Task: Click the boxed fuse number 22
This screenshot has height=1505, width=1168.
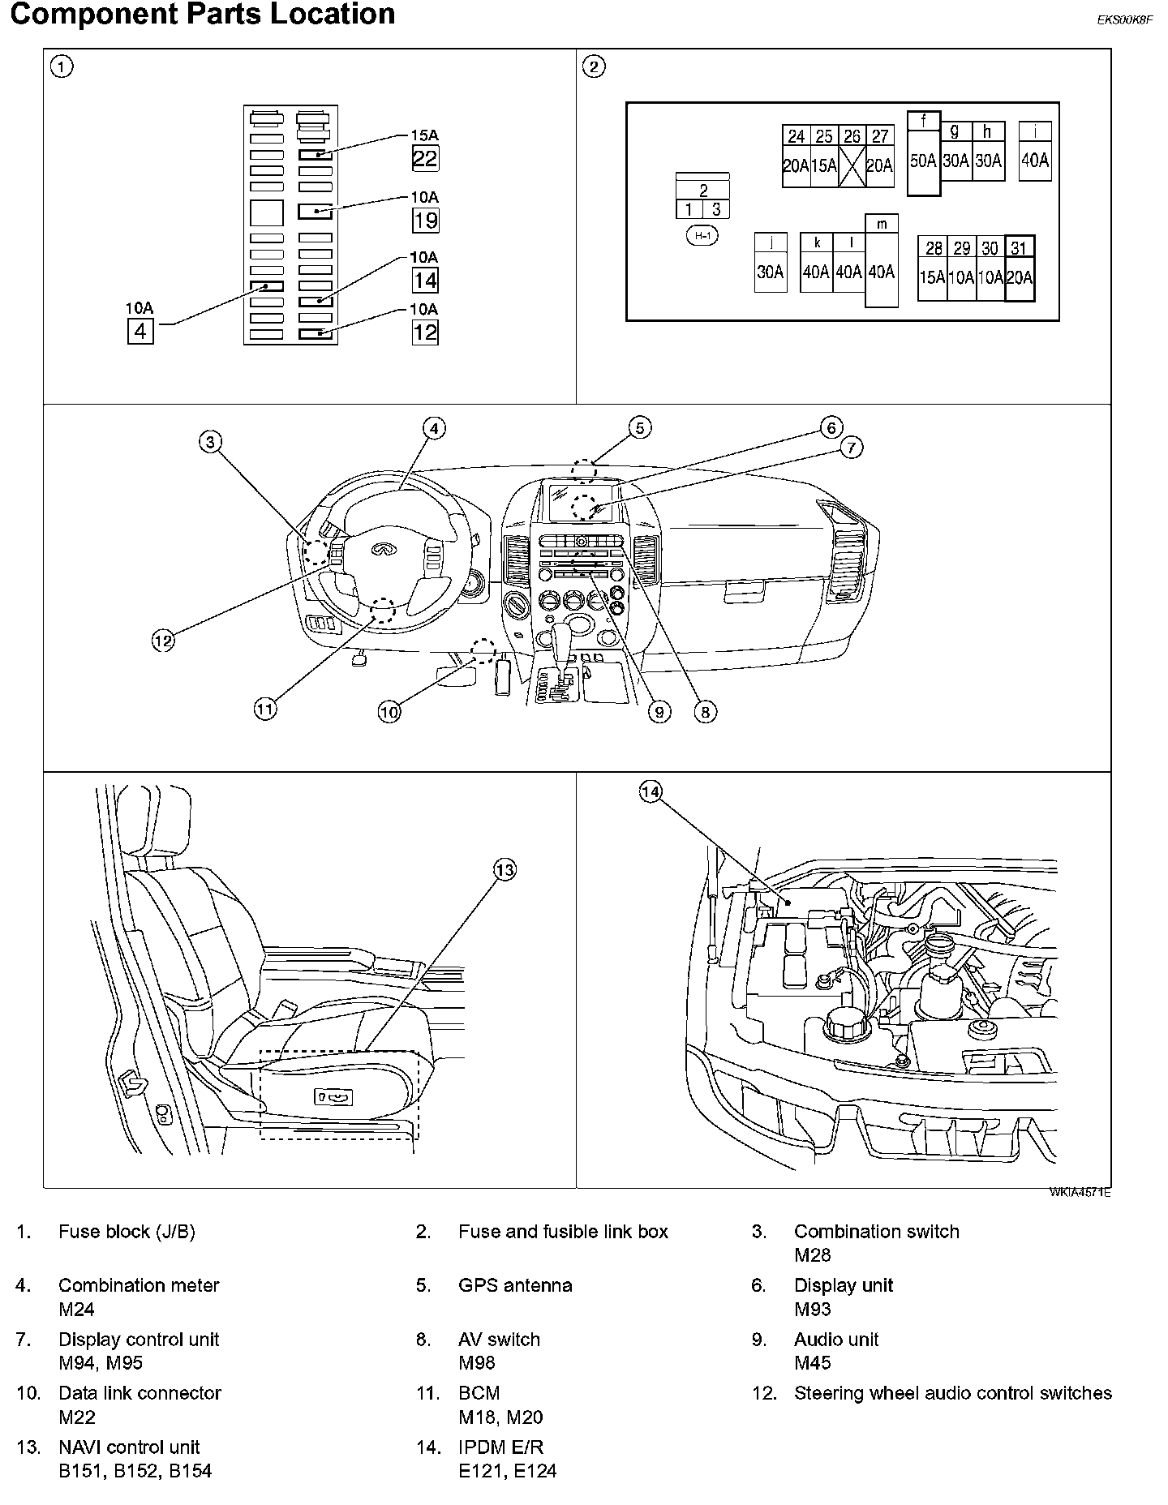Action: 425,158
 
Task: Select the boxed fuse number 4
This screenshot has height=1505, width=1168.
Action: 140,332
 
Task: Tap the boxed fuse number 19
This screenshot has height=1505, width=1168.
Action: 425,220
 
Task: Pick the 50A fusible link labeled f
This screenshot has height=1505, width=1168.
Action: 924,161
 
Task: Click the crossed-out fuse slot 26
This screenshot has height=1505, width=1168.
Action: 852,165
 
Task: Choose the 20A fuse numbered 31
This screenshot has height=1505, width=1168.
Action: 1020,277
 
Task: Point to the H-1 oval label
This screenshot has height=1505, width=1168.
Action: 702,236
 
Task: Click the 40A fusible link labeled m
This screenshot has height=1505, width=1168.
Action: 882,272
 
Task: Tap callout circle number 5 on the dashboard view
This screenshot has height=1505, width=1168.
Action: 639,427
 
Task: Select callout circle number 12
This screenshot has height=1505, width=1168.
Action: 163,641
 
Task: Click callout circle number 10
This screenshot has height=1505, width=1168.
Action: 389,712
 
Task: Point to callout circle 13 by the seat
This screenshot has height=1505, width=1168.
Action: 505,870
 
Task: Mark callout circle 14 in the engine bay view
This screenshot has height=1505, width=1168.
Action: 651,791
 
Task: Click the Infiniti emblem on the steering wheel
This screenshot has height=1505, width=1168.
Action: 380,550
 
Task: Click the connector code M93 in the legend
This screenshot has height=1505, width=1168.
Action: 813,1309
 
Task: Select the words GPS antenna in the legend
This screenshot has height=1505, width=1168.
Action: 515,1285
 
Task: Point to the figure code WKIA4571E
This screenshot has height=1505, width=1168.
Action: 1080,1192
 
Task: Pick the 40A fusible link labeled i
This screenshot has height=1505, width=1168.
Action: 1035,161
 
